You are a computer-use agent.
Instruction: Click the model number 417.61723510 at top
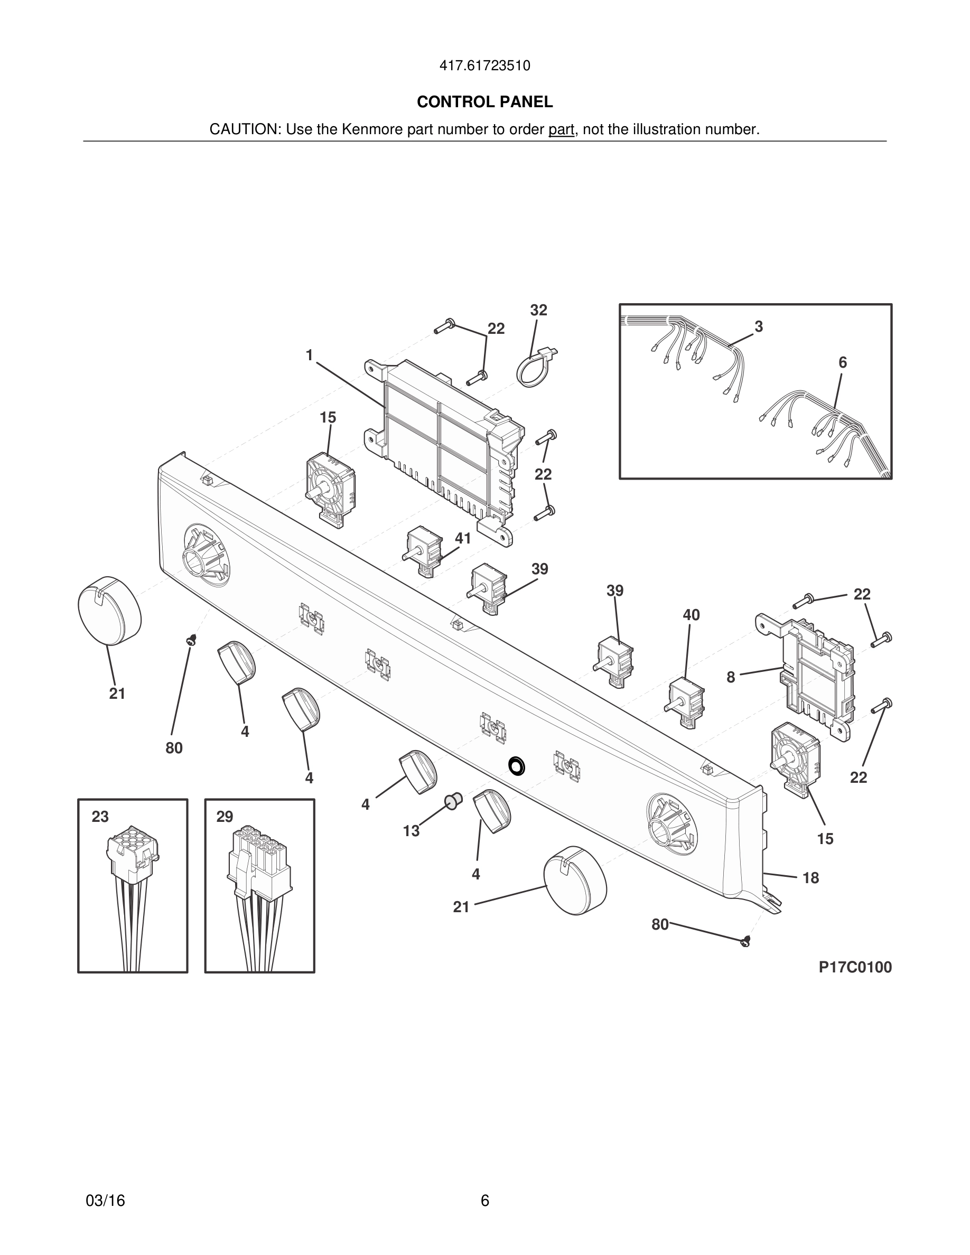pyautogui.click(x=484, y=65)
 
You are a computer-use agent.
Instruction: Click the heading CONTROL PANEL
pyautogui.click(x=484, y=102)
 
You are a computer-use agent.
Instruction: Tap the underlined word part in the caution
pyautogui.click(x=561, y=130)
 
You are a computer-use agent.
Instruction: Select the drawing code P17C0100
pyautogui.click(x=854, y=967)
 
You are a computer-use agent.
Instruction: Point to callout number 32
pyautogui.click(x=538, y=310)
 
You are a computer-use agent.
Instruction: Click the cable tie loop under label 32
pyautogui.click(x=535, y=368)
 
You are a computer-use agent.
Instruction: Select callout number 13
pyautogui.click(x=411, y=831)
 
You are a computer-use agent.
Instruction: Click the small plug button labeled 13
pyautogui.click(x=453, y=800)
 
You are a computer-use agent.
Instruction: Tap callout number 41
pyautogui.click(x=463, y=538)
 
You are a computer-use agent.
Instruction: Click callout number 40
pyautogui.click(x=691, y=615)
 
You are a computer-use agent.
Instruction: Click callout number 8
pyautogui.click(x=730, y=678)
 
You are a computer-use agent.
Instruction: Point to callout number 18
pyautogui.click(x=810, y=877)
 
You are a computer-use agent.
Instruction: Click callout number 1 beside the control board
pyautogui.click(x=309, y=355)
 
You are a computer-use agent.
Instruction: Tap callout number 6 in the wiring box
pyautogui.click(x=843, y=362)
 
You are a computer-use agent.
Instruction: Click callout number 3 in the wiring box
pyautogui.click(x=759, y=326)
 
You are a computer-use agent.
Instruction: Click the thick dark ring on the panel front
pyautogui.click(x=517, y=765)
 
